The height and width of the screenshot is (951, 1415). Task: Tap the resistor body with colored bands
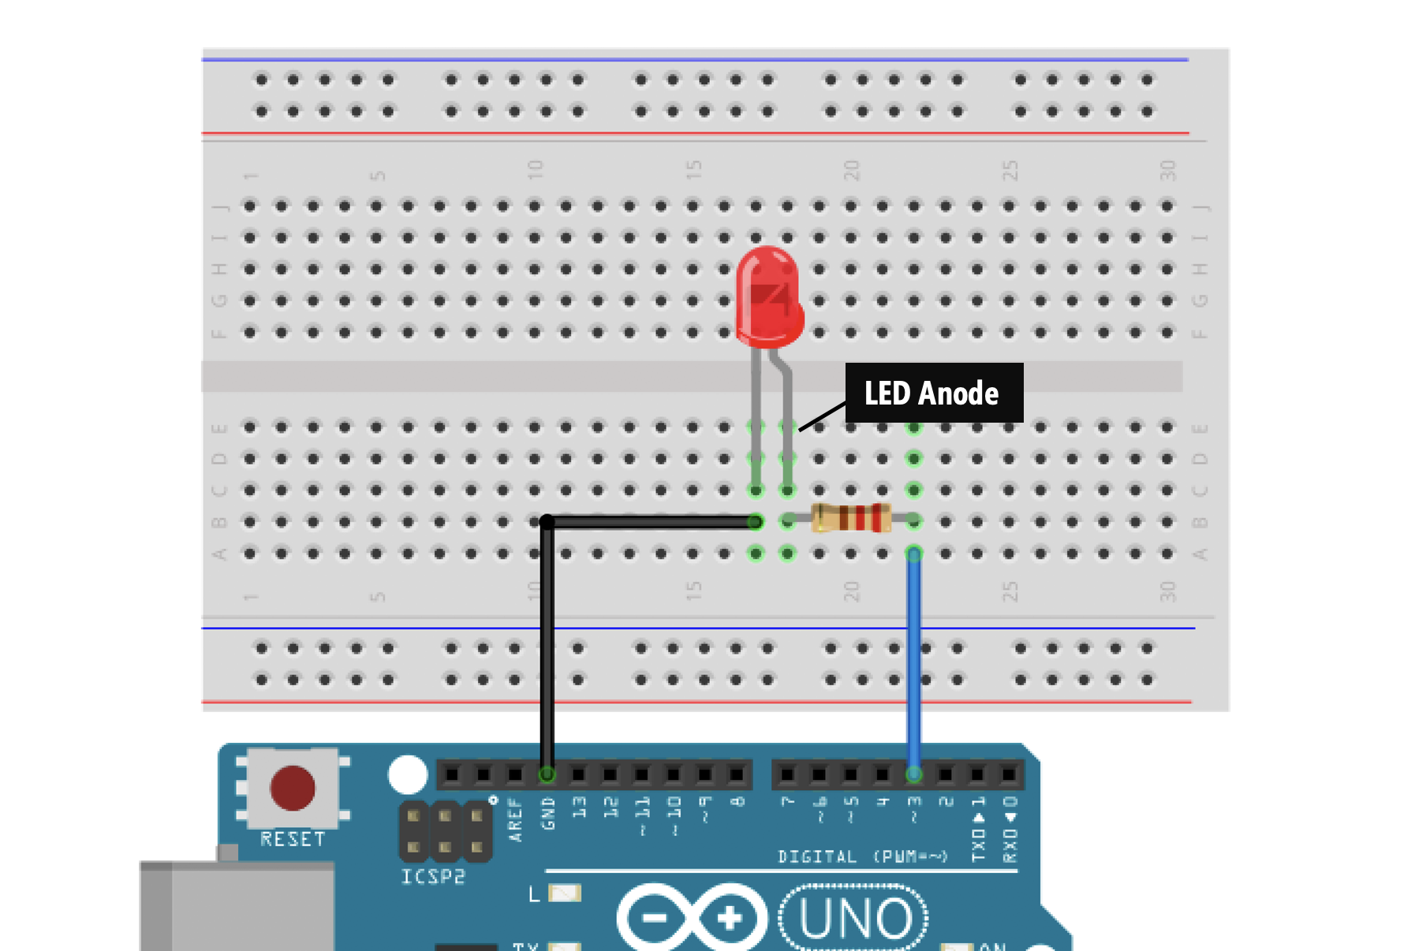pyautogui.click(x=851, y=519)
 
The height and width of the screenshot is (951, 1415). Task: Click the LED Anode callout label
pyautogui.click(x=933, y=393)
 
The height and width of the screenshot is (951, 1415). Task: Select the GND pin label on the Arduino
pyautogui.click(x=548, y=814)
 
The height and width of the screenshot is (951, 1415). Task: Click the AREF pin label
pyautogui.click(x=516, y=820)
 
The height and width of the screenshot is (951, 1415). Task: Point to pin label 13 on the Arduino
pyautogui.click(x=580, y=807)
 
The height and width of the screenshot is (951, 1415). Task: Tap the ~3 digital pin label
pyautogui.click(x=914, y=808)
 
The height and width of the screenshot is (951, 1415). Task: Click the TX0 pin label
pyautogui.click(x=978, y=837)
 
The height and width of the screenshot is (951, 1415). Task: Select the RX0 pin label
pyautogui.click(x=1010, y=837)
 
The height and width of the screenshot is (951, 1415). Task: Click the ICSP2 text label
pyautogui.click(x=433, y=877)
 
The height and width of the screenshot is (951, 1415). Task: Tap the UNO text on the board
pyautogui.click(x=855, y=919)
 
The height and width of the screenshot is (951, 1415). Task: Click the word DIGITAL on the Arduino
pyautogui.click(x=817, y=857)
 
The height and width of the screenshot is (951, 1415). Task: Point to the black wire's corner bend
pyautogui.click(x=547, y=522)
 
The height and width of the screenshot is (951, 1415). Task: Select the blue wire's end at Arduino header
pyautogui.click(x=914, y=774)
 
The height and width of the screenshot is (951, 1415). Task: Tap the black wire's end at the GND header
pyautogui.click(x=547, y=774)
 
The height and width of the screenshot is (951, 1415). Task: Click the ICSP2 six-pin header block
pyautogui.click(x=445, y=831)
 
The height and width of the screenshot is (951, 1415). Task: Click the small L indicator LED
pyautogui.click(x=565, y=893)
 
